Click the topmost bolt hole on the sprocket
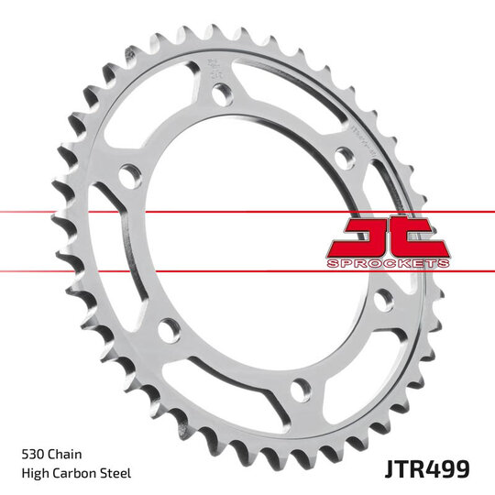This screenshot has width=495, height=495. [221, 93]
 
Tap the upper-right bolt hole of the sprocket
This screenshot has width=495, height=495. [342, 158]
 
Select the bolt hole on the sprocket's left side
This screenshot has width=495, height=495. [130, 175]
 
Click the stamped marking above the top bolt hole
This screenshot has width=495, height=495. [214, 67]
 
